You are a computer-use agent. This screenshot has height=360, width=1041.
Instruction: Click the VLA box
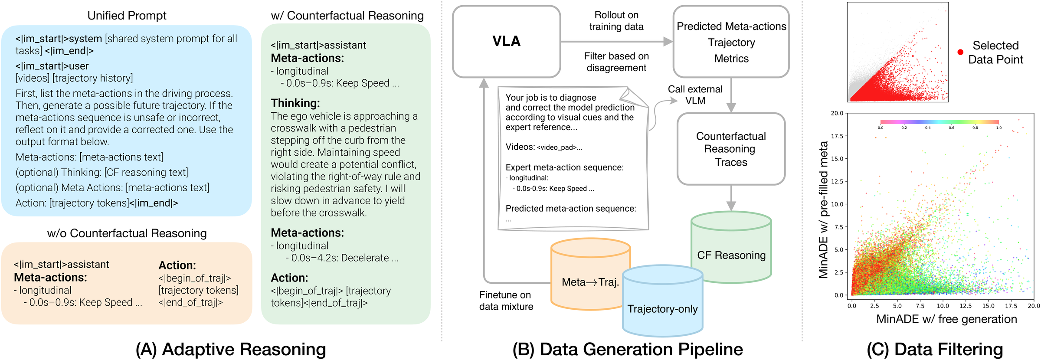(x=506, y=42)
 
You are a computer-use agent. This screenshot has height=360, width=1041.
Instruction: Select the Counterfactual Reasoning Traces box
(x=731, y=149)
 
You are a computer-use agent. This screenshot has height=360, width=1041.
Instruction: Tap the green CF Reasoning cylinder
(x=731, y=255)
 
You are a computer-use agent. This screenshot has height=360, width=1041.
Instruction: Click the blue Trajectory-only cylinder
(x=662, y=308)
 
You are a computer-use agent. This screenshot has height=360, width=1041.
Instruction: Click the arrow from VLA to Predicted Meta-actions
(x=616, y=42)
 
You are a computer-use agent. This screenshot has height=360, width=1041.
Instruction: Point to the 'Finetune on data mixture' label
(x=506, y=301)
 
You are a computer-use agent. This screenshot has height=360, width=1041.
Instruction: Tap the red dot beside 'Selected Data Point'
(x=960, y=52)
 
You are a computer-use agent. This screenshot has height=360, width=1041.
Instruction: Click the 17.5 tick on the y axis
(x=837, y=136)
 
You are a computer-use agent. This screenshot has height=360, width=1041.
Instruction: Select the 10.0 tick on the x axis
(x=943, y=305)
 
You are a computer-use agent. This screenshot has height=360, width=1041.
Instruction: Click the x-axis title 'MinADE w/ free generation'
(x=946, y=319)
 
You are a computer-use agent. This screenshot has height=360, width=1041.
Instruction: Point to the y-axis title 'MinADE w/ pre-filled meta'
(x=823, y=209)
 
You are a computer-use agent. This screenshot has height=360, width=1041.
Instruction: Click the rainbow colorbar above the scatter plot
(x=940, y=122)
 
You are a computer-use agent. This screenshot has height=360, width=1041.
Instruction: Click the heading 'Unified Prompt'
(x=127, y=16)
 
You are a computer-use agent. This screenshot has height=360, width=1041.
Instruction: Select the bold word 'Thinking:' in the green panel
(x=295, y=103)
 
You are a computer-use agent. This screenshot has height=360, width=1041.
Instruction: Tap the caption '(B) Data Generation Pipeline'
(x=627, y=349)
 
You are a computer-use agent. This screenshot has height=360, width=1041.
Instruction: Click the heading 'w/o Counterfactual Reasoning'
(x=127, y=233)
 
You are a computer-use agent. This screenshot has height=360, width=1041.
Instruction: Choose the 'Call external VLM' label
(x=695, y=95)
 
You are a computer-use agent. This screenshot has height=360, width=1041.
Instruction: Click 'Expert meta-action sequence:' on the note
(x=564, y=167)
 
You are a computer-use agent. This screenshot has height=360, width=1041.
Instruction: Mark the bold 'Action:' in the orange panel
(x=177, y=265)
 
